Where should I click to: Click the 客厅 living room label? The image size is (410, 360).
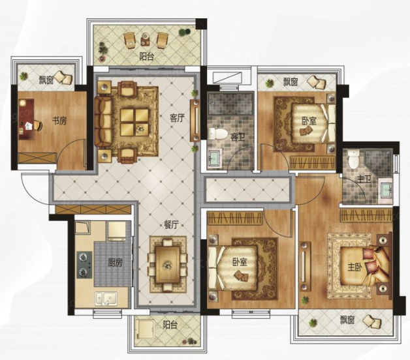177,118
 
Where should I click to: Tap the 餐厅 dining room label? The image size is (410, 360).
171,224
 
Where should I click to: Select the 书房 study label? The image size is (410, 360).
59,121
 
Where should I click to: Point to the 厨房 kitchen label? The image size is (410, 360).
116,263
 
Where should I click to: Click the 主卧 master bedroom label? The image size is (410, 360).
355,267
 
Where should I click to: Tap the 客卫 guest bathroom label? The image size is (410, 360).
238,137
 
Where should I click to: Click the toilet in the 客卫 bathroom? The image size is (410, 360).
217,134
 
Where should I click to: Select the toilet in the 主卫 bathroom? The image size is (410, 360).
353,159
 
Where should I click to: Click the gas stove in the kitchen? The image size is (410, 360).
84,265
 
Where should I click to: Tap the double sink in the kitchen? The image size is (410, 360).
106,299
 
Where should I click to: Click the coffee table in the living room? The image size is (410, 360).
134,122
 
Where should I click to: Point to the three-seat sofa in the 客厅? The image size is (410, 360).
102,121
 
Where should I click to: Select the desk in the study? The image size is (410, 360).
26,119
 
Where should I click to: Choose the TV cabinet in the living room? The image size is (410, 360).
195,121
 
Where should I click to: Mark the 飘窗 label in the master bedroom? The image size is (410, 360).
347,320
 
